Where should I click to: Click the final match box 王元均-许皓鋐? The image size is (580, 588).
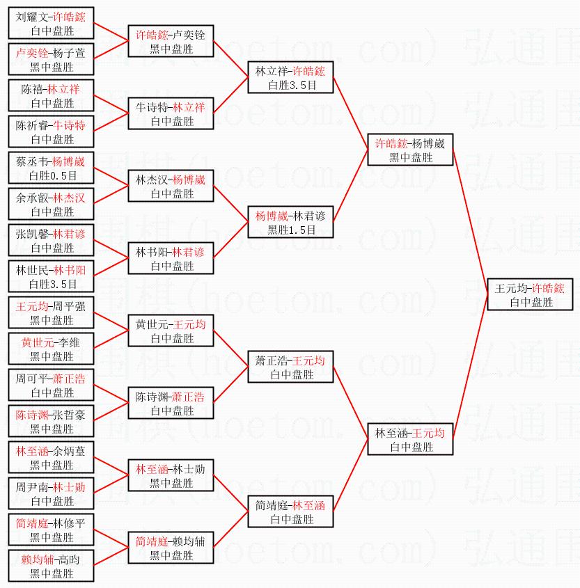point(529,295)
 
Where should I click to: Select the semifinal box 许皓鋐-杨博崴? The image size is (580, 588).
point(411,150)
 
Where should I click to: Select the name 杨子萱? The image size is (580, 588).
point(72,53)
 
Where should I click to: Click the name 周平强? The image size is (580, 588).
point(72,306)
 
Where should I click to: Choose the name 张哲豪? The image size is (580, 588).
point(72,415)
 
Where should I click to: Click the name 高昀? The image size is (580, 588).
point(69,559)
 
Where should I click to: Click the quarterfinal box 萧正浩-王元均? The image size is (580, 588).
point(291,367)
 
